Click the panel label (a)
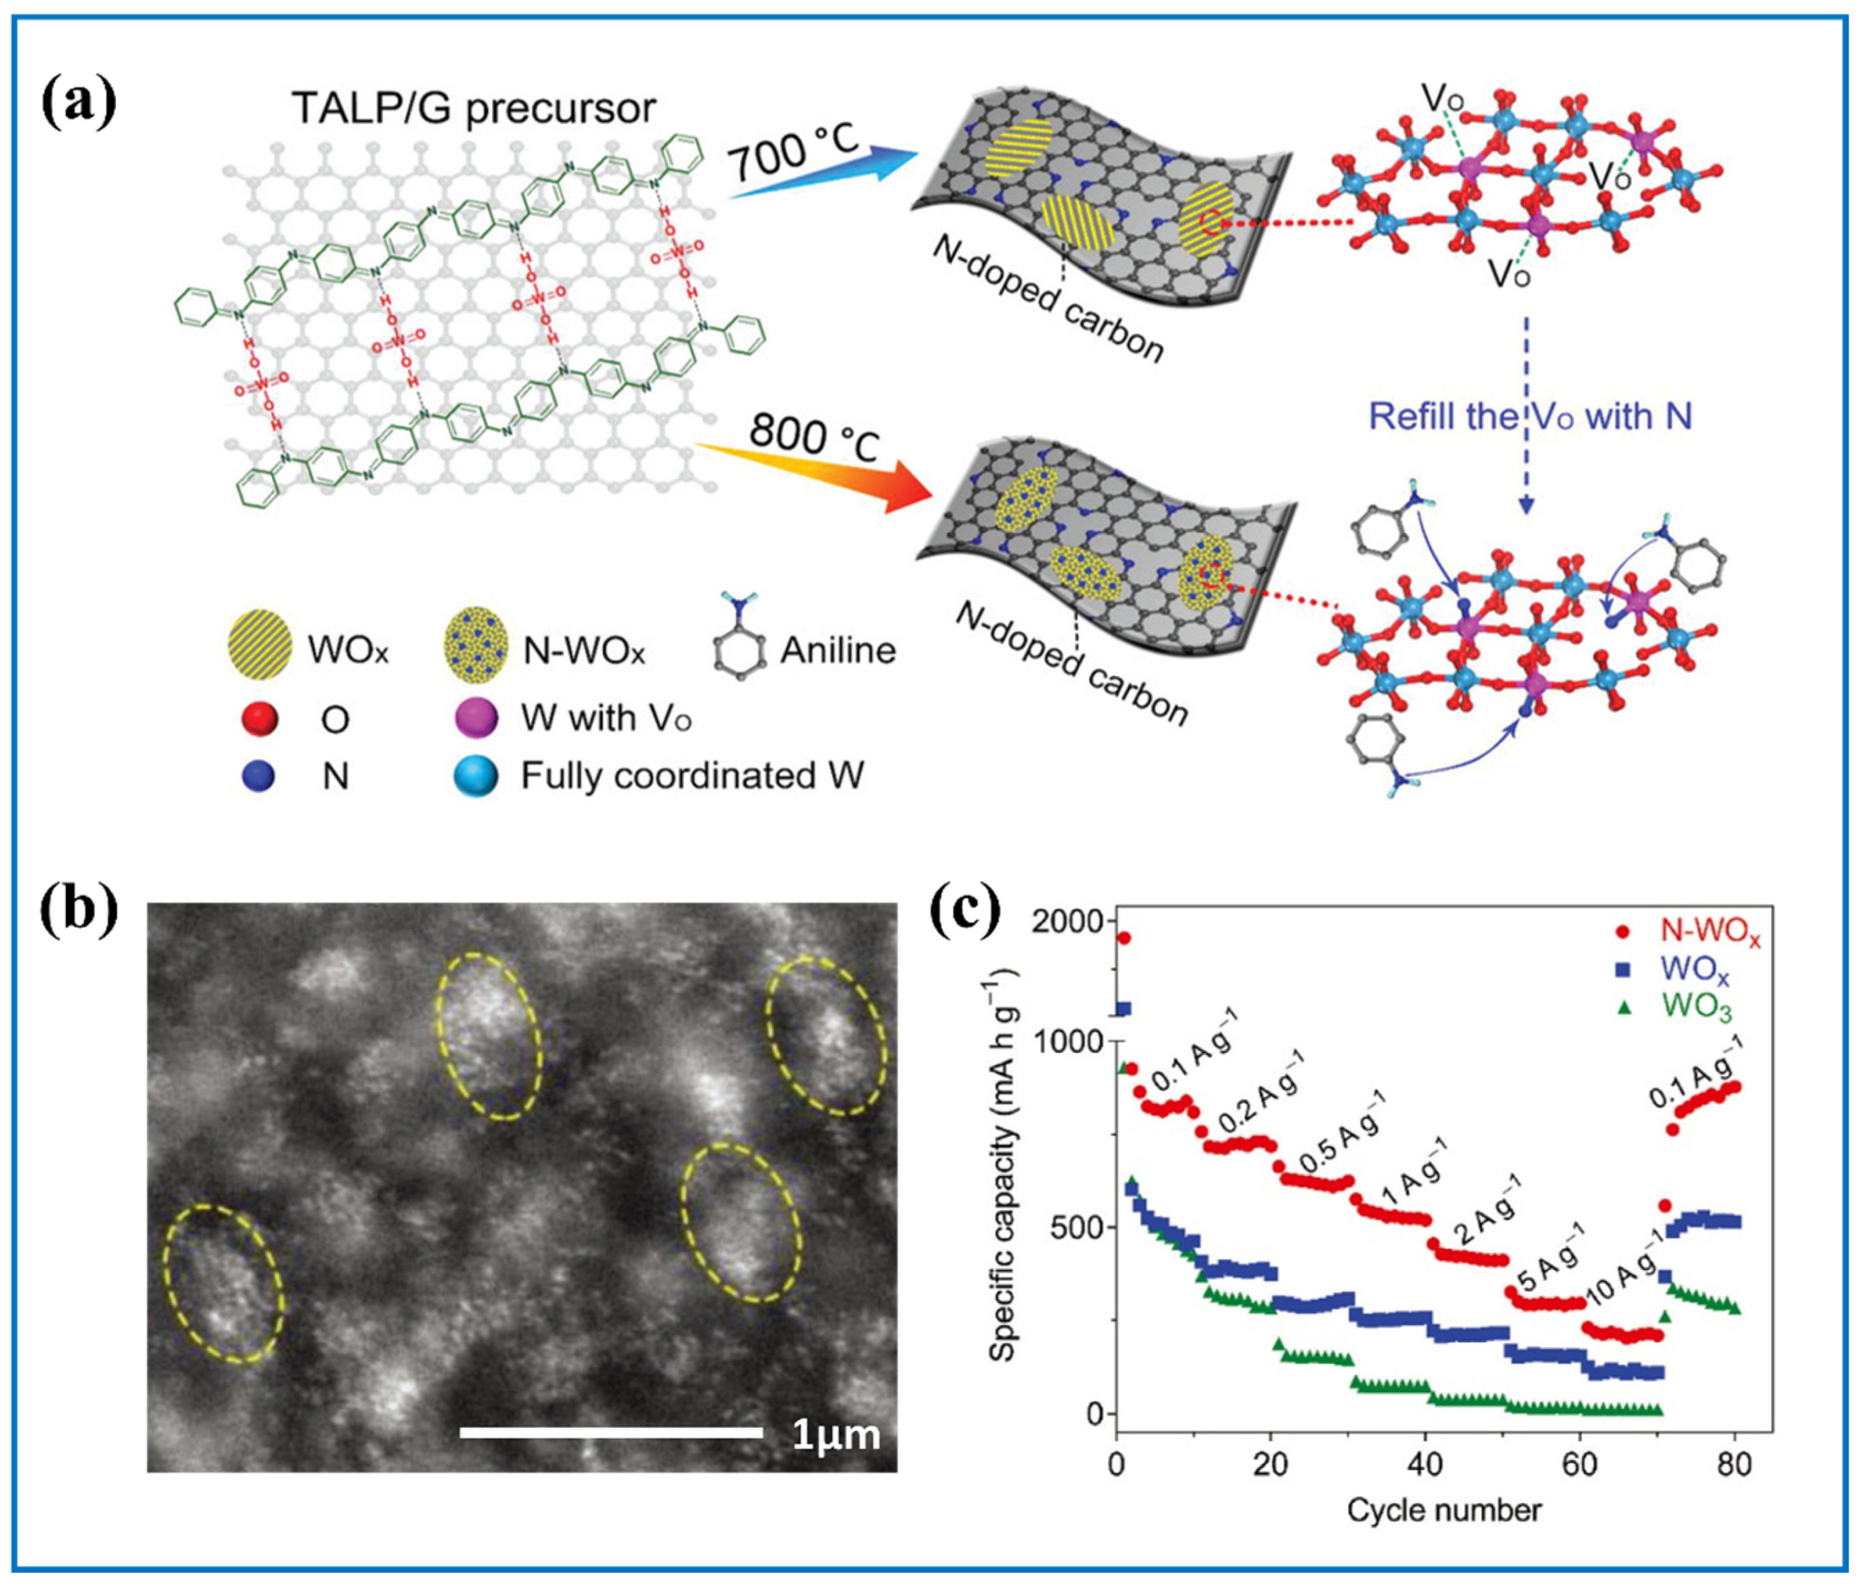click(79, 103)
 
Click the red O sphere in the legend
click(260, 718)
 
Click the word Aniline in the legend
click(837, 650)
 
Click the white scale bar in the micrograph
click(611, 1432)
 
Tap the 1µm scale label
click(835, 1435)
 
